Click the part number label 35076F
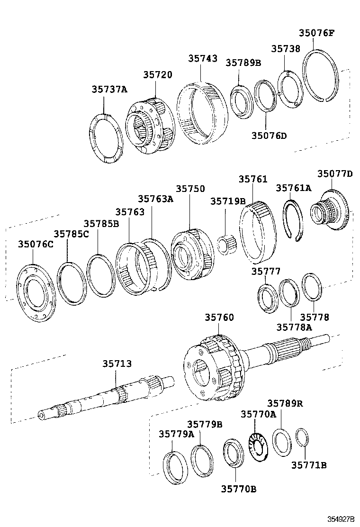(316, 33)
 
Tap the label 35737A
(110, 89)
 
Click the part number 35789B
(243, 63)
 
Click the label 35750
(190, 189)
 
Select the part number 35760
(219, 317)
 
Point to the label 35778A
(294, 327)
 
